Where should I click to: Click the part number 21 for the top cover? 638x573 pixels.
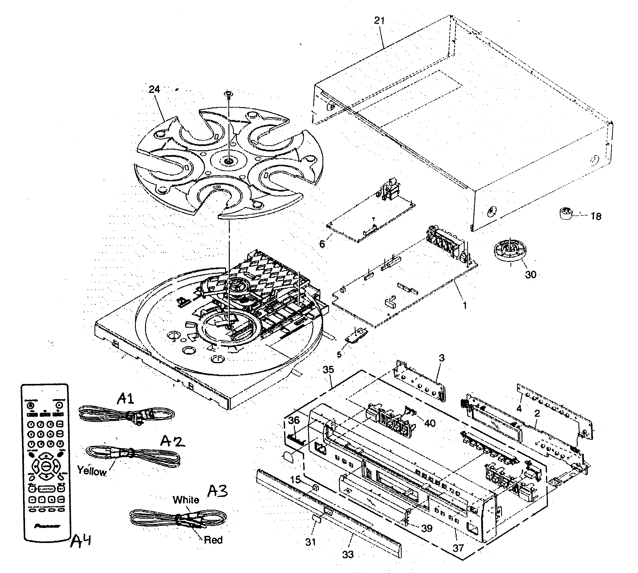click(379, 21)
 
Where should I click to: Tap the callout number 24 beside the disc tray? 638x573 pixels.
click(154, 89)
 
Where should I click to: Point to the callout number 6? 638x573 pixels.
click(322, 244)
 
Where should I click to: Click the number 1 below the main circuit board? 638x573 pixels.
click(465, 305)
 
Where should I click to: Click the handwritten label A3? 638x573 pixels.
click(217, 491)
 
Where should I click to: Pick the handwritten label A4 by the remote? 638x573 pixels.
click(81, 541)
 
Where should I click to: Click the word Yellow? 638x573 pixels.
click(92, 471)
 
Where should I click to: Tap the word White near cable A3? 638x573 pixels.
click(186, 500)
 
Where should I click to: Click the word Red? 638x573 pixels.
click(213, 540)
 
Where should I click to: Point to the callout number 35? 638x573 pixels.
click(328, 369)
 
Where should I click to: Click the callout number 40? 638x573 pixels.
click(430, 423)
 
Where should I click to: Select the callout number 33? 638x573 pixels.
click(348, 554)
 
